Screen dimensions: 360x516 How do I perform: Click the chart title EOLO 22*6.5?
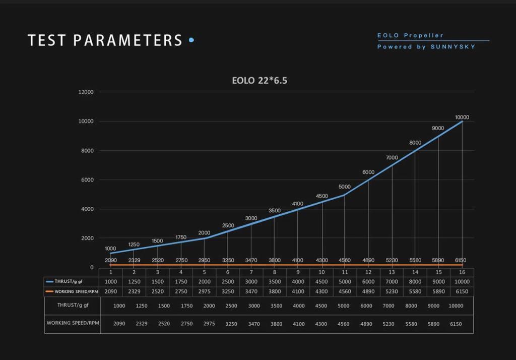click(x=260, y=80)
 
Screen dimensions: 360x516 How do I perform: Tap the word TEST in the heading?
click(x=46, y=40)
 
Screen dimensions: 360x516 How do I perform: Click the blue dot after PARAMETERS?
click(x=191, y=40)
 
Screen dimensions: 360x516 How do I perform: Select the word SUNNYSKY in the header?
click(x=453, y=47)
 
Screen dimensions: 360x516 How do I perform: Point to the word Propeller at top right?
click(x=424, y=35)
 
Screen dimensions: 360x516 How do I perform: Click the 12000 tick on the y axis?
click(x=86, y=92)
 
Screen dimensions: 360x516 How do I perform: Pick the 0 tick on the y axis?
click(x=92, y=267)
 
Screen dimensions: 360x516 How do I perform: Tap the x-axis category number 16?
click(x=462, y=272)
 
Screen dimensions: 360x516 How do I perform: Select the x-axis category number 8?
click(x=275, y=272)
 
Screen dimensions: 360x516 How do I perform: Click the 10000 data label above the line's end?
click(x=462, y=117)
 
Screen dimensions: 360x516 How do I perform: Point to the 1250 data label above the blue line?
click(x=134, y=245)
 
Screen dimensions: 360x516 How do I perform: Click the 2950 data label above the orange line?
click(x=204, y=260)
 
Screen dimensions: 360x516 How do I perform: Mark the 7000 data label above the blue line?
click(x=392, y=158)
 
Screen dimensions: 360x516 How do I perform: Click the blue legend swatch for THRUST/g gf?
click(x=49, y=282)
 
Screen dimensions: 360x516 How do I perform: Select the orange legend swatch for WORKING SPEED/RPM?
click(x=49, y=291)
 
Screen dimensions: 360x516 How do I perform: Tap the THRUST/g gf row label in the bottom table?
click(x=73, y=305)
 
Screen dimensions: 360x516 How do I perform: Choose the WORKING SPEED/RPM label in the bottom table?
click(x=73, y=323)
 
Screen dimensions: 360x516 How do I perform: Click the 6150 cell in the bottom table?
click(x=455, y=324)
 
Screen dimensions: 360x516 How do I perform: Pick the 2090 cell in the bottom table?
click(x=119, y=324)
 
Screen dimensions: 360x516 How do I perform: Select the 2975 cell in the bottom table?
click(x=209, y=324)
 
